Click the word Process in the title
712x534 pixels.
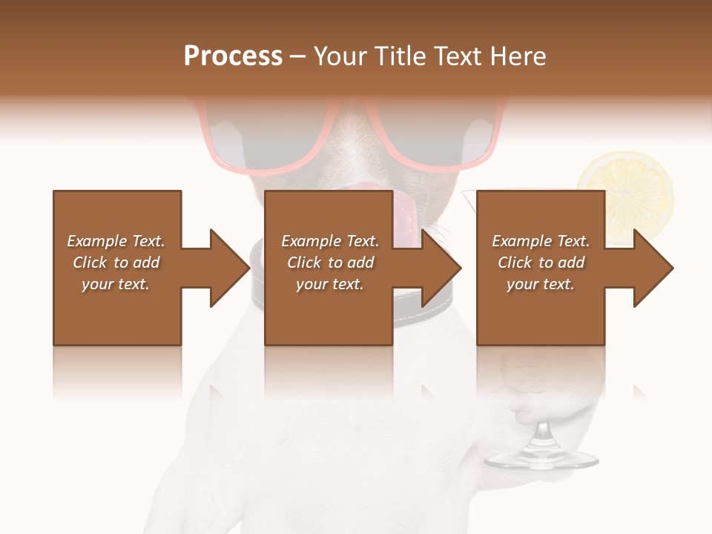(233, 56)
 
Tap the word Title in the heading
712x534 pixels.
(400, 56)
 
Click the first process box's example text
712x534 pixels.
(116, 263)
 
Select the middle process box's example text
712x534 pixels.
(329, 263)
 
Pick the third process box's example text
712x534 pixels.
(540, 263)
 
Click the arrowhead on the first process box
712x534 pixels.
(229, 268)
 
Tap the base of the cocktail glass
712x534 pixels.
(541, 461)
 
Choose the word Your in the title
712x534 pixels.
(338, 56)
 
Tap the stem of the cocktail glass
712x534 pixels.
(542, 434)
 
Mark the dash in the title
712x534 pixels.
(297, 57)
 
